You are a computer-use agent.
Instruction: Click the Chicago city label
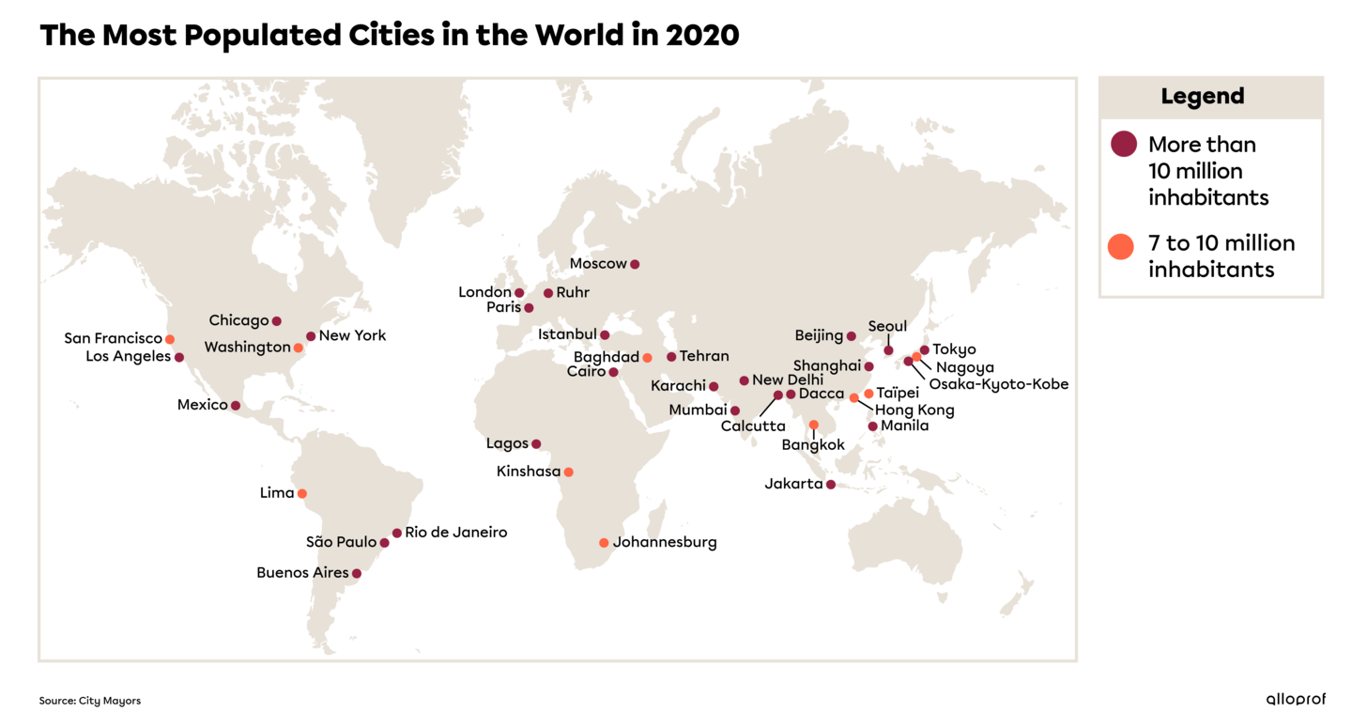238,321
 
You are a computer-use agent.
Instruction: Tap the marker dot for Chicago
276,321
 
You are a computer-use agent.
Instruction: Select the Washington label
247,348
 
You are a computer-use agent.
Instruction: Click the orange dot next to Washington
299,348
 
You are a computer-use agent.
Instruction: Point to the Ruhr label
573,293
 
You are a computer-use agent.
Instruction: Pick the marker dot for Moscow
635,264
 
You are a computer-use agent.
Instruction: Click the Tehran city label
704,357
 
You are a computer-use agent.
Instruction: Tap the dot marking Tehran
671,357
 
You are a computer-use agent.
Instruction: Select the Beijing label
819,336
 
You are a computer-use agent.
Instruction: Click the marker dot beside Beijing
852,336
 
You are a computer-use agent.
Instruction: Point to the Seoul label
887,327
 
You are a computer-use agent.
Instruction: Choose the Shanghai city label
826,365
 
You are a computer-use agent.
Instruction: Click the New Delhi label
787,380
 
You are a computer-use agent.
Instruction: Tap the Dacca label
822,394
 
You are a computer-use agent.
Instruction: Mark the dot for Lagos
536,444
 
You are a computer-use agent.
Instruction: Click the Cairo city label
586,372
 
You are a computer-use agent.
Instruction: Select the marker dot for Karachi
714,386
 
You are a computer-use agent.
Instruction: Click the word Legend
1203,97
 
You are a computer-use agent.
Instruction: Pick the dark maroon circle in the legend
1124,144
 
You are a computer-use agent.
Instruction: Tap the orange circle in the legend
1121,247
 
